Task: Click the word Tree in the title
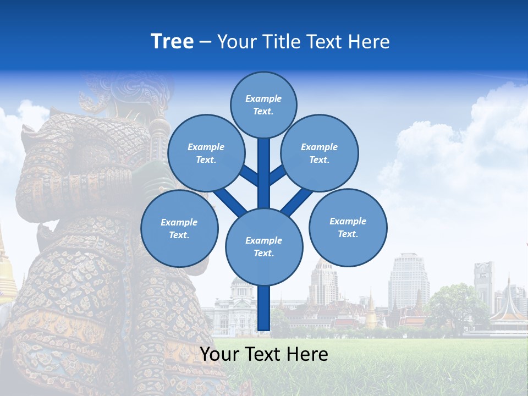pyautogui.click(x=172, y=42)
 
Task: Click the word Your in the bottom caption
pyautogui.click(x=220, y=354)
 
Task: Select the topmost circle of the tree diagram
pyautogui.click(x=263, y=105)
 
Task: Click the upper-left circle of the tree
pyautogui.click(x=206, y=153)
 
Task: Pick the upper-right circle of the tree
pyautogui.click(x=320, y=153)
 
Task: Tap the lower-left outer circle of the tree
pyautogui.click(x=179, y=228)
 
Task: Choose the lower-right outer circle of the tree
pyautogui.click(x=348, y=227)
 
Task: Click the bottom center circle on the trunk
pyautogui.click(x=264, y=246)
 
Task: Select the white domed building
pyautogui.click(x=240, y=305)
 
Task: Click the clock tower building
pyautogui.click(x=484, y=283)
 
